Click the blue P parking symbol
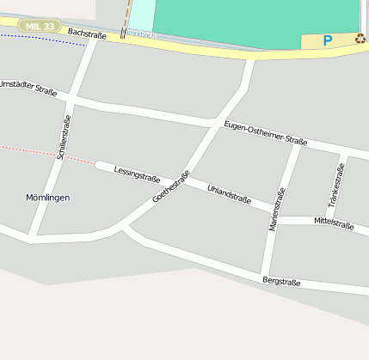point(328,40)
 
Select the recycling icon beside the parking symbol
point(360,39)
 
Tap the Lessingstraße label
point(137,173)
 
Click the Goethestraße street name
point(170,187)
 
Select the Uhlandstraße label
point(229,193)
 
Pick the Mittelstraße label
point(334,223)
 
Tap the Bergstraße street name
point(281,281)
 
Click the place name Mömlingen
point(48,198)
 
